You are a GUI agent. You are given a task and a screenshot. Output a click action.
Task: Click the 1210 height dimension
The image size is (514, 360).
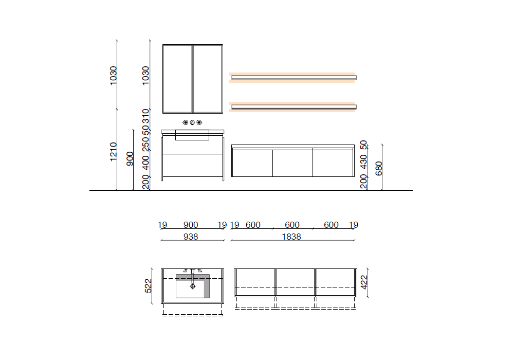pyautogui.click(x=113, y=152)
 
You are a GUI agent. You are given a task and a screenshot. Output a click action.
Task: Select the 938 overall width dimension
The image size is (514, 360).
pyautogui.click(x=191, y=237)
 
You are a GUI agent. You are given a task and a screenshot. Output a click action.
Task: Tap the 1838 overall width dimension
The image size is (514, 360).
pyautogui.click(x=291, y=237)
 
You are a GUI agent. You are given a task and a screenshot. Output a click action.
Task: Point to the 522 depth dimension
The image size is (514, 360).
pyautogui.click(x=148, y=286)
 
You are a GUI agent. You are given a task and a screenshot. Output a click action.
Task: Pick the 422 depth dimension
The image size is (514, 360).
pyautogui.click(x=364, y=282)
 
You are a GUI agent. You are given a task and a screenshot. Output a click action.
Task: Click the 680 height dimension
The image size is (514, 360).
pyautogui.click(x=379, y=169)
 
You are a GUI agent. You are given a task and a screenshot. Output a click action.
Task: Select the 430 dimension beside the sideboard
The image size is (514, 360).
pyautogui.click(x=363, y=162)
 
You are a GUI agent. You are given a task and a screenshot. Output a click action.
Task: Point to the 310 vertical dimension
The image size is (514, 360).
pyautogui.click(x=145, y=116)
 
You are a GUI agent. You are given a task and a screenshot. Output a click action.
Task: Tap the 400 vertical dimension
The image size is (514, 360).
pyautogui.click(x=145, y=163)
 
